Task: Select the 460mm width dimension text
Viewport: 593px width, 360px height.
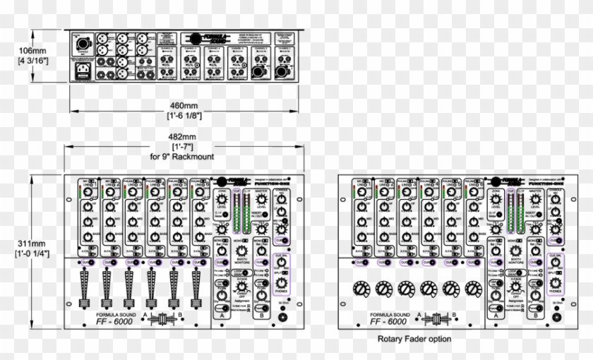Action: [x=184, y=104]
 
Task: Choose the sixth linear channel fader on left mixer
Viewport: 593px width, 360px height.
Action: [x=196, y=289]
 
